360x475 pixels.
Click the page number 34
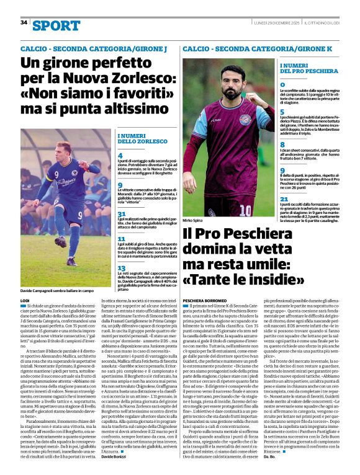coord(24,23)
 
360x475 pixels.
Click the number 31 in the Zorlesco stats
coord(122,214)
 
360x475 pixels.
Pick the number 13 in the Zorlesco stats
coord(122,268)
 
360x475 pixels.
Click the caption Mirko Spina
coord(193,220)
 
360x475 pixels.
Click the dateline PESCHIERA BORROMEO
coord(203,300)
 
